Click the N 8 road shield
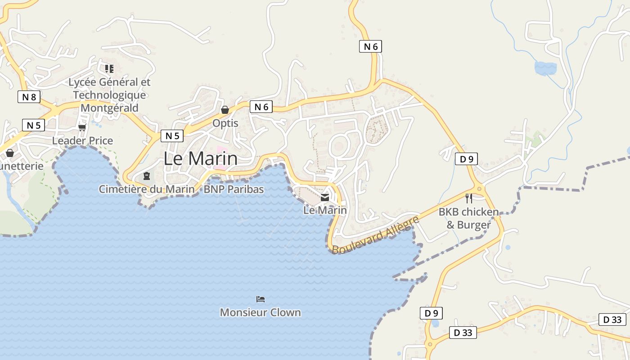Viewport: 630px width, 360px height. (x=29, y=96)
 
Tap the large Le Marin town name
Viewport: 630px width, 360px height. (x=200, y=158)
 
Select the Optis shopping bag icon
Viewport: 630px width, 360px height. (x=225, y=110)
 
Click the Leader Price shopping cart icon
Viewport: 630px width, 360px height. (x=82, y=128)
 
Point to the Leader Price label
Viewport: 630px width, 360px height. (x=82, y=140)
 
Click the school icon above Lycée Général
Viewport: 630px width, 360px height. (x=109, y=69)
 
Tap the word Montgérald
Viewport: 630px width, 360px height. (x=109, y=108)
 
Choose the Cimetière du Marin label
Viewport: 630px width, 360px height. (x=147, y=189)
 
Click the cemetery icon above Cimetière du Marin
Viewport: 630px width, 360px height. (x=146, y=176)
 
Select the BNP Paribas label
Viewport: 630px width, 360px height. (x=234, y=189)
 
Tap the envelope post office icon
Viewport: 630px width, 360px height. (x=325, y=197)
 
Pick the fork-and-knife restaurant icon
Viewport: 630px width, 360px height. (x=469, y=198)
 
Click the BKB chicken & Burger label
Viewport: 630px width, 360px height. (x=468, y=218)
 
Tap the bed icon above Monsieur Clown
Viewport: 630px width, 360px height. (x=261, y=299)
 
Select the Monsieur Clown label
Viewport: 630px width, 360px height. (x=260, y=312)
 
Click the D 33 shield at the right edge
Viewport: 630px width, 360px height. (x=612, y=319)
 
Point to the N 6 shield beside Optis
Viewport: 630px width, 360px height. (x=261, y=107)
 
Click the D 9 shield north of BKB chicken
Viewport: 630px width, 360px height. (x=466, y=159)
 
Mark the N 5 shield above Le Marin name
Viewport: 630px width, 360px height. (x=172, y=136)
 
